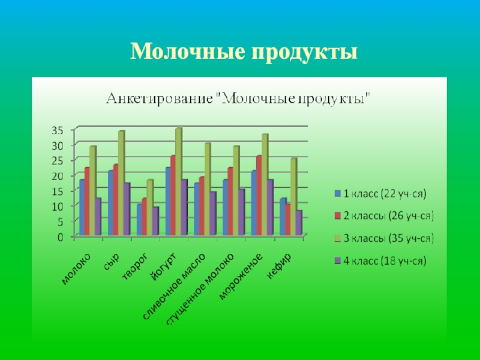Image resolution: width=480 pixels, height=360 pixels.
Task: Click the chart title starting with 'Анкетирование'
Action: pos(239,98)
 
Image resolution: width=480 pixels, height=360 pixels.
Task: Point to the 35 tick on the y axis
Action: pos(57,130)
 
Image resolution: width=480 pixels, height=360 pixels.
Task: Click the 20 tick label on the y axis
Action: pos(57,176)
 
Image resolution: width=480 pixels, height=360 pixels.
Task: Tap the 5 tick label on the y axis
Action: pos(60,221)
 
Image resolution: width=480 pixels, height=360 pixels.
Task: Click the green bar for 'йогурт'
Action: pos(178,180)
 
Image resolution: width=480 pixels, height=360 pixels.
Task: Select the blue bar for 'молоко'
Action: pos(82,207)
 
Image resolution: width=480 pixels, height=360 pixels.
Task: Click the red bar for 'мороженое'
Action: pos(258,195)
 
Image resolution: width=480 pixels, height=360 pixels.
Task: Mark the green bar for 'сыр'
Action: pos(121,183)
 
